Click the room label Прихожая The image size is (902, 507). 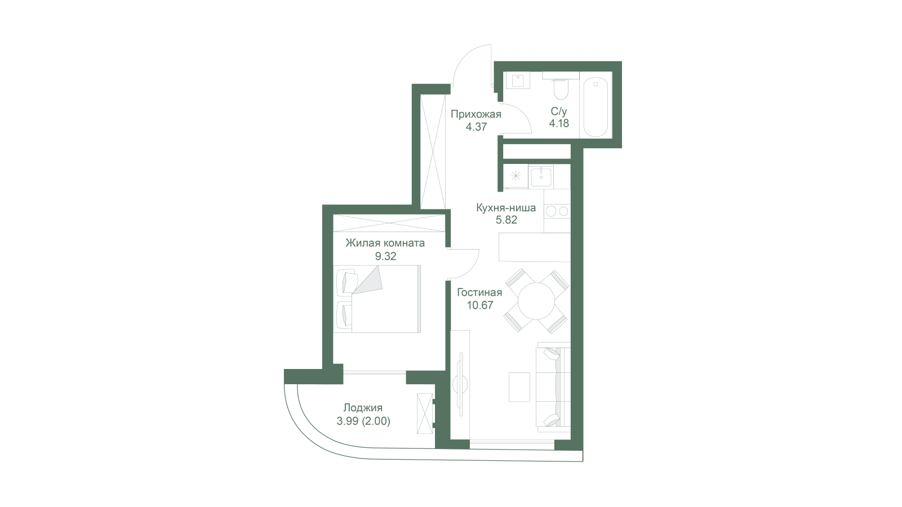pos(476,114)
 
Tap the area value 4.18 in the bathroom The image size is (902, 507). pos(559,123)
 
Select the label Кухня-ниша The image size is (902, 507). pos(506,208)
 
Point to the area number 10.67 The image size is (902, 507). pos(480,305)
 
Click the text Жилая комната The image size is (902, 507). pos(385,243)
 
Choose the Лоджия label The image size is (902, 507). pos(363,408)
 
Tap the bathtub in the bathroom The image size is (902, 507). pos(596,107)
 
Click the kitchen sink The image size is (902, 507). pos(541,177)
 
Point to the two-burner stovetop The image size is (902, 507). pos(557,211)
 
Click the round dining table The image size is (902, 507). pos(536,301)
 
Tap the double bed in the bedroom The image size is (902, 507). pos(377,299)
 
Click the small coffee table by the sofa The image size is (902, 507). pos(519,387)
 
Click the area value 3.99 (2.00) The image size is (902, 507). pos(363,421)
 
